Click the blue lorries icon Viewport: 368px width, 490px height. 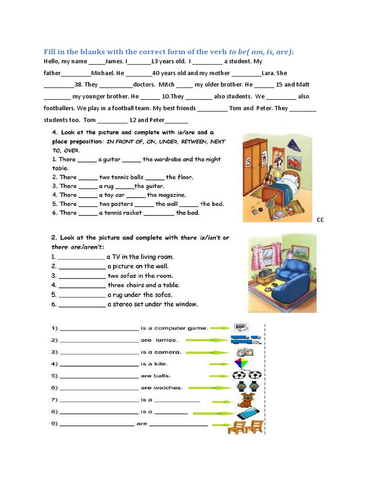[246, 340]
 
